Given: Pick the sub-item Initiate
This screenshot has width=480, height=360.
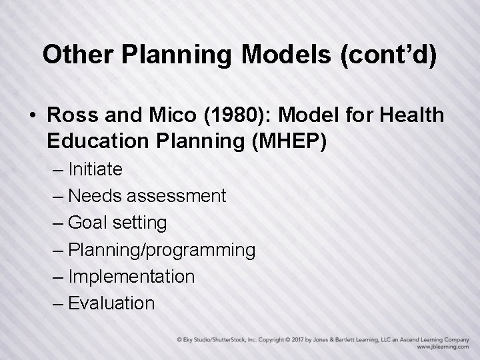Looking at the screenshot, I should tap(95, 169).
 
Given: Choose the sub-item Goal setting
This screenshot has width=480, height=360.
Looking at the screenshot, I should tap(117, 223).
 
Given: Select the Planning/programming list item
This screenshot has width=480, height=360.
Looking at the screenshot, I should tap(161, 250).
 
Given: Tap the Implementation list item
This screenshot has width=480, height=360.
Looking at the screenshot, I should tap(131, 276).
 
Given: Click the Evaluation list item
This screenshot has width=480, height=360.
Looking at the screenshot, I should tap(111, 303).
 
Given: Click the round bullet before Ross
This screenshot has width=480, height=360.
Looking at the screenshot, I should tap(32, 116).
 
